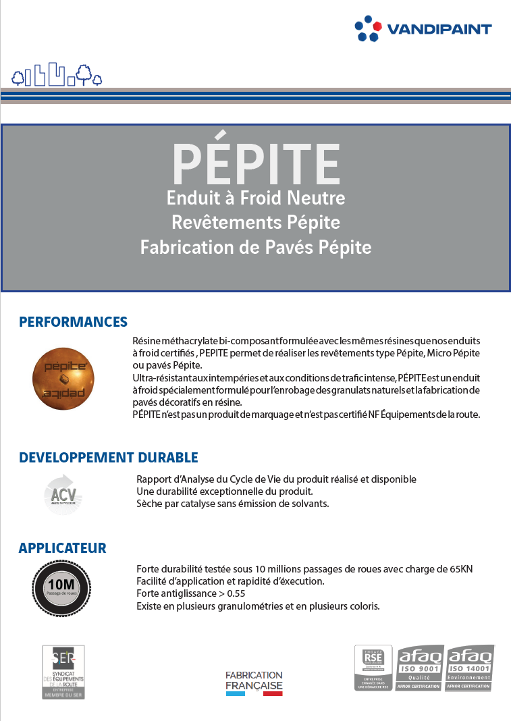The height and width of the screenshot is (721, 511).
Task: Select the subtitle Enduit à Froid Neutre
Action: [x=256, y=198]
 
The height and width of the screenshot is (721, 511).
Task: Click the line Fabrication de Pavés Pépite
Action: [x=256, y=247]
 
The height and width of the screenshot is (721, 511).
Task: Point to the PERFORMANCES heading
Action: [x=73, y=321]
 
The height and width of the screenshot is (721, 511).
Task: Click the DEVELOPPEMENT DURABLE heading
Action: [x=108, y=457]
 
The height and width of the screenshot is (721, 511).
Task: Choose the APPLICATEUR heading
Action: [x=63, y=548]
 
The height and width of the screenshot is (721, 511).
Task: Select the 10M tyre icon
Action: [x=61, y=588]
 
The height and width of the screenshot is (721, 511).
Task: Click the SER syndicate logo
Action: [x=63, y=672]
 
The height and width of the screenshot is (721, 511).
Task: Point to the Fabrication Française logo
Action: [x=254, y=683]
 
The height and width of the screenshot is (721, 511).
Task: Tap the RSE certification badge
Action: [x=373, y=667]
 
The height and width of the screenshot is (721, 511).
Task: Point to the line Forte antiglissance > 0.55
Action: [x=190, y=593]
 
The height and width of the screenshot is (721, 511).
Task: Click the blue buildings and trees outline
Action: [x=57, y=76]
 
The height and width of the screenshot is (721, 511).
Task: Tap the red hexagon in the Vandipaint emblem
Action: [x=377, y=27]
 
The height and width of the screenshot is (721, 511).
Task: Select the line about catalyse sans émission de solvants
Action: [x=232, y=504]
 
